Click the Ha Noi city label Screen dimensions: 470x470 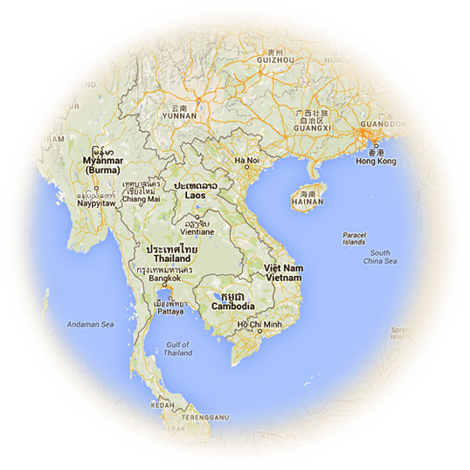pyautogui.click(x=247, y=162)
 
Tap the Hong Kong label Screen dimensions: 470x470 pyautogui.click(x=376, y=162)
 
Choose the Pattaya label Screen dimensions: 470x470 pyautogui.click(x=169, y=309)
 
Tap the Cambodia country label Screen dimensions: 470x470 pyautogui.click(x=232, y=307)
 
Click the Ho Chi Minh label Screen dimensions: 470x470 pyautogui.click(x=259, y=326)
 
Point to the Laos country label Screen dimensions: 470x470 pyautogui.click(x=195, y=196)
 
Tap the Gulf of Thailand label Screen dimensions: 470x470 pyautogui.click(x=178, y=349)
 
